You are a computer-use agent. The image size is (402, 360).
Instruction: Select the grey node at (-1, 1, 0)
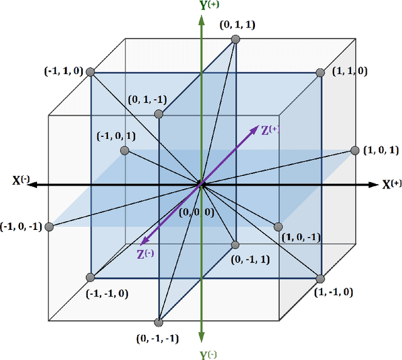coord(90,72)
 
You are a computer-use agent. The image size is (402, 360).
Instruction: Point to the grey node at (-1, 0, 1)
coord(124,151)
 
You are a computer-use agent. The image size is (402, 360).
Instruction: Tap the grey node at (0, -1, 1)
coord(236,245)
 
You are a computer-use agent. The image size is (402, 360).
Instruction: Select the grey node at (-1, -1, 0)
coord(90,277)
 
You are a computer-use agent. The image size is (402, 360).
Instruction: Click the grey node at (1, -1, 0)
coord(319,278)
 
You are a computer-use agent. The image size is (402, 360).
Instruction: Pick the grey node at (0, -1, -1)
coord(158,322)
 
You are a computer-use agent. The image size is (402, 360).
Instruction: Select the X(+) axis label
coord(392,184)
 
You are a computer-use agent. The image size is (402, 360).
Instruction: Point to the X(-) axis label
coord(21,181)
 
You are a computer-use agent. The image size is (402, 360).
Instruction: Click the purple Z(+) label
coord(271,130)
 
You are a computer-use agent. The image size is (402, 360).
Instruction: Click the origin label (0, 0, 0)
coord(197,212)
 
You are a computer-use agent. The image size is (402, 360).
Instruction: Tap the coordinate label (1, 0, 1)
coord(381,150)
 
